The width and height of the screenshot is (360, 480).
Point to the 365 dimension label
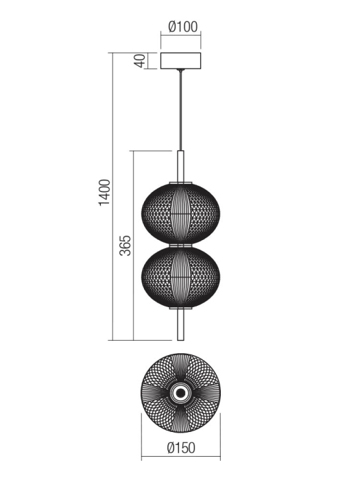tap(125, 245)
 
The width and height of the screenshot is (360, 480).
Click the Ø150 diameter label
tap(182, 448)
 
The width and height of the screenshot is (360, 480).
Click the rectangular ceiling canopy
tap(182, 60)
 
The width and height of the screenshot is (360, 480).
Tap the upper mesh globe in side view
tap(181, 213)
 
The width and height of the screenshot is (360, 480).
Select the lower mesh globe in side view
tap(181, 278)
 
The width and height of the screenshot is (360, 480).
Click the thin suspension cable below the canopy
tap(182, 110)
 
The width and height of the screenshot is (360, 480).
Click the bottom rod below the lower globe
tap(182, 326)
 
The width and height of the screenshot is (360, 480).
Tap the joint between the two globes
tap(182, 245)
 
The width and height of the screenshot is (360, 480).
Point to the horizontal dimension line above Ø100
tap(182, 38)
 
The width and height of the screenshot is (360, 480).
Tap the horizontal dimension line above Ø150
tap(181, 439)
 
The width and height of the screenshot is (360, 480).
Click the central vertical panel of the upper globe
tap(181, 213)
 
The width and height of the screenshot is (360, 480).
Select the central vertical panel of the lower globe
tap(181, 278)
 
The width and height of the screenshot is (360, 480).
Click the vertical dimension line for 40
tap(147, 60)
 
